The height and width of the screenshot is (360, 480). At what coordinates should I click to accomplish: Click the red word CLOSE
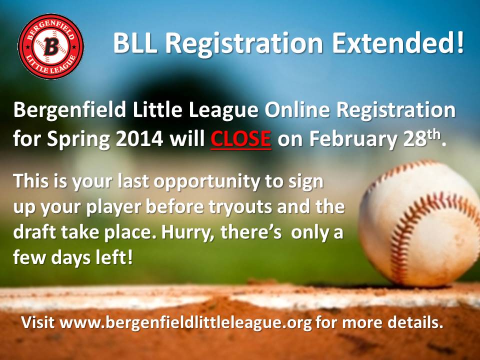240,139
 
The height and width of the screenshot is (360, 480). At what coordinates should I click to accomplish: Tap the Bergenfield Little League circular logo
51,46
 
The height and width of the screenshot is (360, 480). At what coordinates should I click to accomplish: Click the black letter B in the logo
51,46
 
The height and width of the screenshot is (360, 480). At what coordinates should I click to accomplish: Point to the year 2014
139,139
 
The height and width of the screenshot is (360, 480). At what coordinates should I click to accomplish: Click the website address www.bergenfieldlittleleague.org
186,322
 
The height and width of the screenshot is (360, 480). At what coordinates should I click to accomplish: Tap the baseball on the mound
420,223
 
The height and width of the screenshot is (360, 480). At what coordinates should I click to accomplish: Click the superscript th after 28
433,134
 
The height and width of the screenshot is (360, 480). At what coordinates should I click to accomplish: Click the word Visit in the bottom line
37,322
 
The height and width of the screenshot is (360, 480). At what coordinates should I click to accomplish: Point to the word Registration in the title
244,43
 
